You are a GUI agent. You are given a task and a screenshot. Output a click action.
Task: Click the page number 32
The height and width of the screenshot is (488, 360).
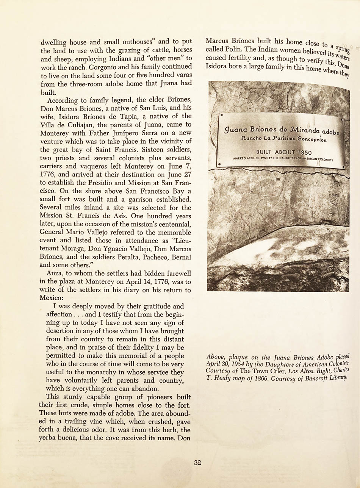pos(197,463)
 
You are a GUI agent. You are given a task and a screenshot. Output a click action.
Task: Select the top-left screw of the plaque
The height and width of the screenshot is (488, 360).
pos(221,114)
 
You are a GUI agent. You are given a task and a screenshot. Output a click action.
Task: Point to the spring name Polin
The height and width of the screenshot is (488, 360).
pos(230,50)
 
